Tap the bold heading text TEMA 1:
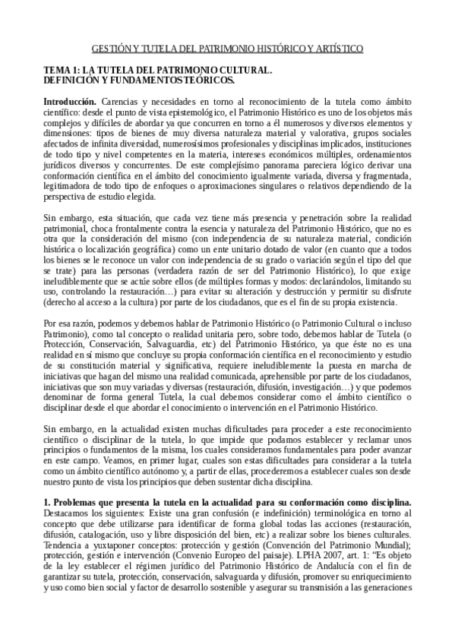[60, 70]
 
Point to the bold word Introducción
[70, 100]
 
